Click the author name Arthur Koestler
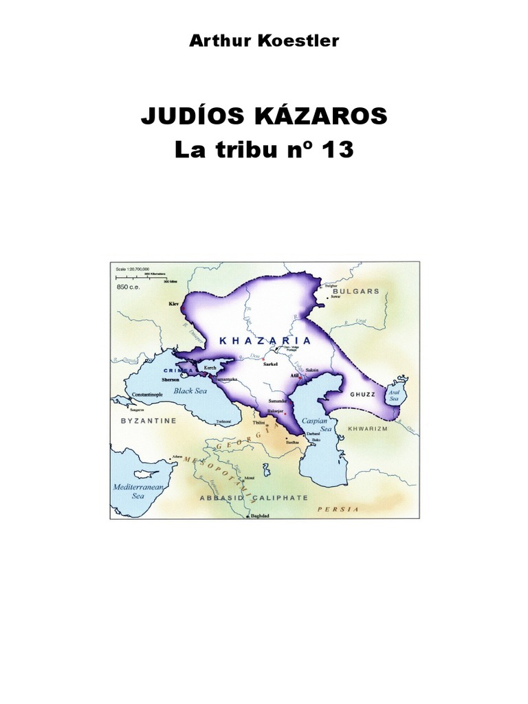point(264,41)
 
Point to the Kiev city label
point(173,302)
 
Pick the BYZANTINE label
point(148,419)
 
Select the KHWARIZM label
point(369,428)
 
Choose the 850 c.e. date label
point(129,287)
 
